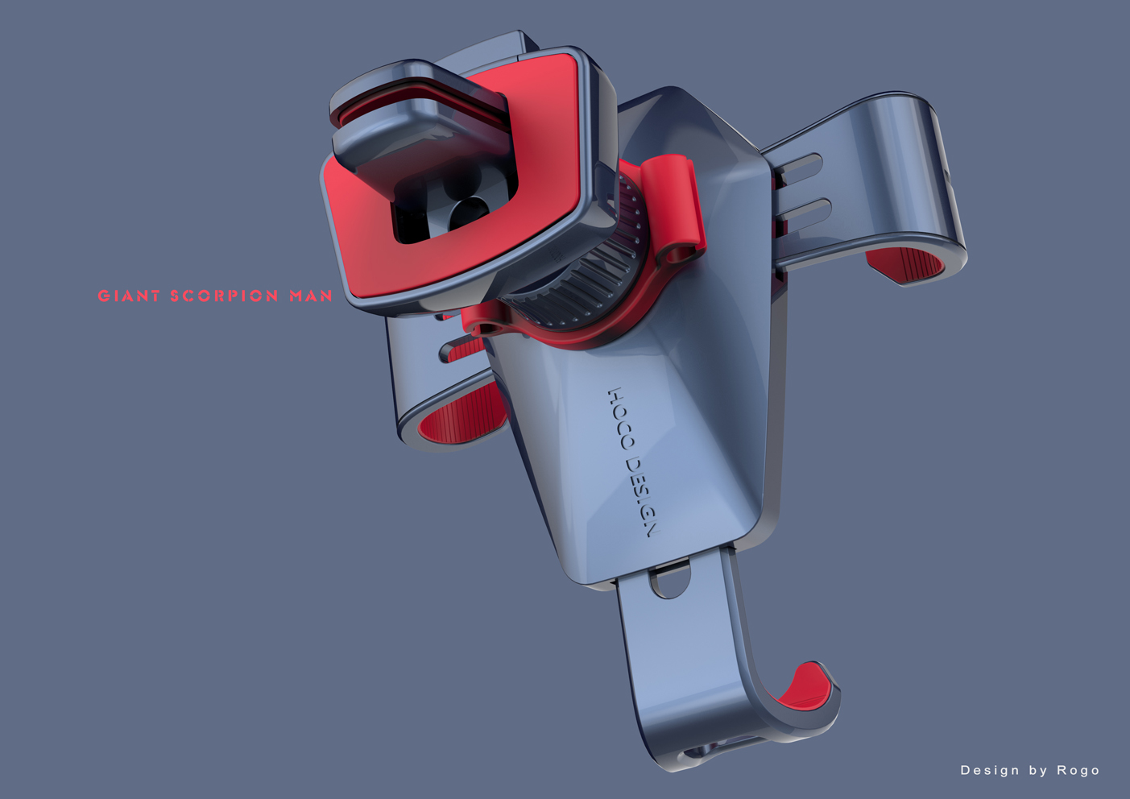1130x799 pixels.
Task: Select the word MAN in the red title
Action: [x=311, y=296]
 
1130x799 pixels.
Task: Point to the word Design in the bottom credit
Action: [x=989, y=771]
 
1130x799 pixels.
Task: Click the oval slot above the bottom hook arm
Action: [x=669, y=580]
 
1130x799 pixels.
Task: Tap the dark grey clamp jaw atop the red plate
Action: [x=419, y=121]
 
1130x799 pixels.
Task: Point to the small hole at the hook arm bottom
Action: [x=697, y=752]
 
